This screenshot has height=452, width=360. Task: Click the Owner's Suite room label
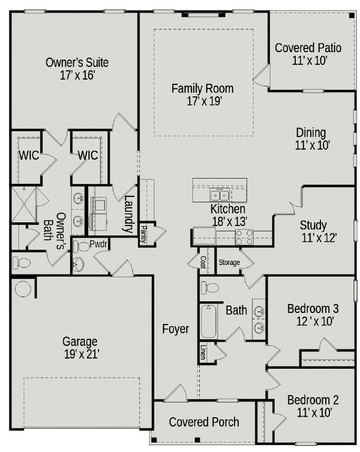click(77, 63)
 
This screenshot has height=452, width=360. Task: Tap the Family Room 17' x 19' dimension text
click(204, 101)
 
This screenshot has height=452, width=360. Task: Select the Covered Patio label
click(308, 48)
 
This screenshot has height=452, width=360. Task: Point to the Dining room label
click(311, 133)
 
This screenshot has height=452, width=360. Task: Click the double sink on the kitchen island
click(220, 195)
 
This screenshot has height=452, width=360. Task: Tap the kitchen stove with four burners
click(244, 237)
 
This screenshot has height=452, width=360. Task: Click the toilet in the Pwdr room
click(81, 247)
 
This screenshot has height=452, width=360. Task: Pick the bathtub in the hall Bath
click(209, 321)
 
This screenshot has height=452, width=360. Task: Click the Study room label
click(313, 225)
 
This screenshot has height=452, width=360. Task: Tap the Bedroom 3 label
click(313, 308)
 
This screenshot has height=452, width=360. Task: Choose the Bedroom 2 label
click(313, 400)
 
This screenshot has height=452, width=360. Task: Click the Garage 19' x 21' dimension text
click(82, 355)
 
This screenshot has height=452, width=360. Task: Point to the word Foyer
click(176, 329)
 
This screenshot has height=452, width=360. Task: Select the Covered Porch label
click(204, 422)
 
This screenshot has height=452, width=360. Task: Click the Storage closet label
click(229, 262)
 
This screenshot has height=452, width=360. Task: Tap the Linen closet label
click(203, 352)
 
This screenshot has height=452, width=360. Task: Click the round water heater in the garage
click(23, 289)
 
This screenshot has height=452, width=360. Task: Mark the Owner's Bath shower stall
click(24, 204)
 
